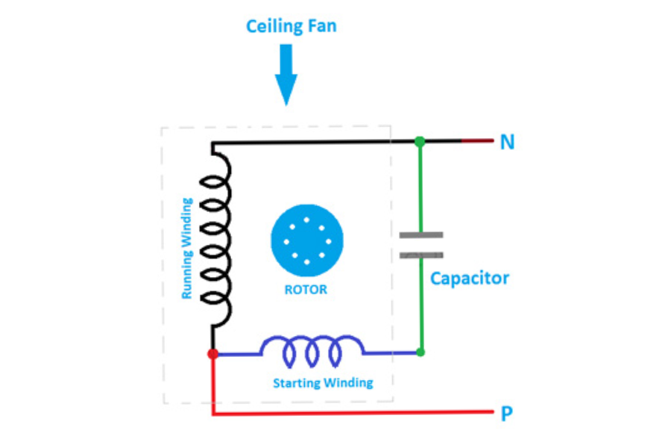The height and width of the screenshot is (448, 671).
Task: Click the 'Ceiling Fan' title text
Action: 291,26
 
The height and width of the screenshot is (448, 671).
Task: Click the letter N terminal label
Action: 507,142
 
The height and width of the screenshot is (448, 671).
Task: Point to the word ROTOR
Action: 306,290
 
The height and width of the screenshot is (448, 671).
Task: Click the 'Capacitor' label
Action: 470,279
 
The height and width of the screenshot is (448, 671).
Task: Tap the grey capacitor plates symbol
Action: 421,245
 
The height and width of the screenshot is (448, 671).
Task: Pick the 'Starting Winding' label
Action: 322,383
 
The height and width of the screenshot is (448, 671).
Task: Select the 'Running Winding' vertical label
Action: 187,249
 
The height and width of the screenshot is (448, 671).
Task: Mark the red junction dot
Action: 213,353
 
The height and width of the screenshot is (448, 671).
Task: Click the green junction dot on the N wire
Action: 420,141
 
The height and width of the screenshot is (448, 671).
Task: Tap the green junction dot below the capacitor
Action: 420,352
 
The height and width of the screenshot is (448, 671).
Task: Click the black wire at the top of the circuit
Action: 313,142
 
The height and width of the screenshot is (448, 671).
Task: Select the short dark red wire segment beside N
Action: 477,141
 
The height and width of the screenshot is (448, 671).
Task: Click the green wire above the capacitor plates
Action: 420,187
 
